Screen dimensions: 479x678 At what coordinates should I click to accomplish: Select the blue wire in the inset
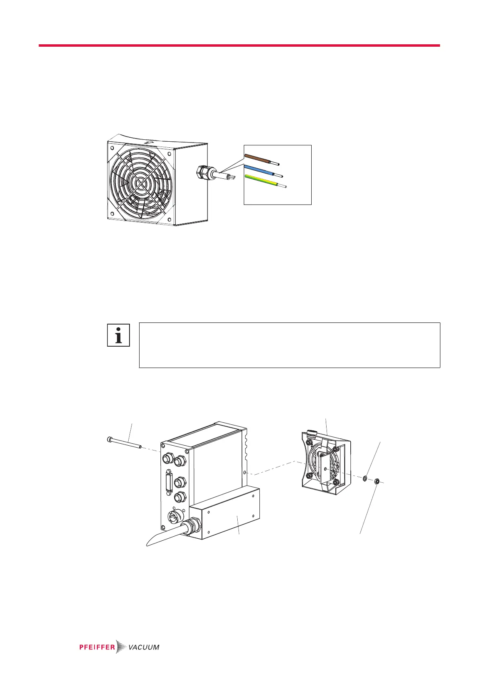pyautogui.click(x=259, y=169)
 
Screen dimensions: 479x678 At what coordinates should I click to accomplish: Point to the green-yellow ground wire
pyautogui.click(x=261, y=181)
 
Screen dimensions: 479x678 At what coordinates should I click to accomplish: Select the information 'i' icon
pyautogui.click(x=118, y=335)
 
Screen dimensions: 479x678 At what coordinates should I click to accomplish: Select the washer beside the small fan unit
pyautogui.click(x=364, y=478)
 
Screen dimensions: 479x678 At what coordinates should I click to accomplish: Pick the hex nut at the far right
pyautogui.click(x=377, y=480)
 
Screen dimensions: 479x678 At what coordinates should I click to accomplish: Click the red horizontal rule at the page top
pyautogui.click(x=239, y=45)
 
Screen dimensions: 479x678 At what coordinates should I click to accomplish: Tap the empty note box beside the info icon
pyautogui.click(x=290, y=345)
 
